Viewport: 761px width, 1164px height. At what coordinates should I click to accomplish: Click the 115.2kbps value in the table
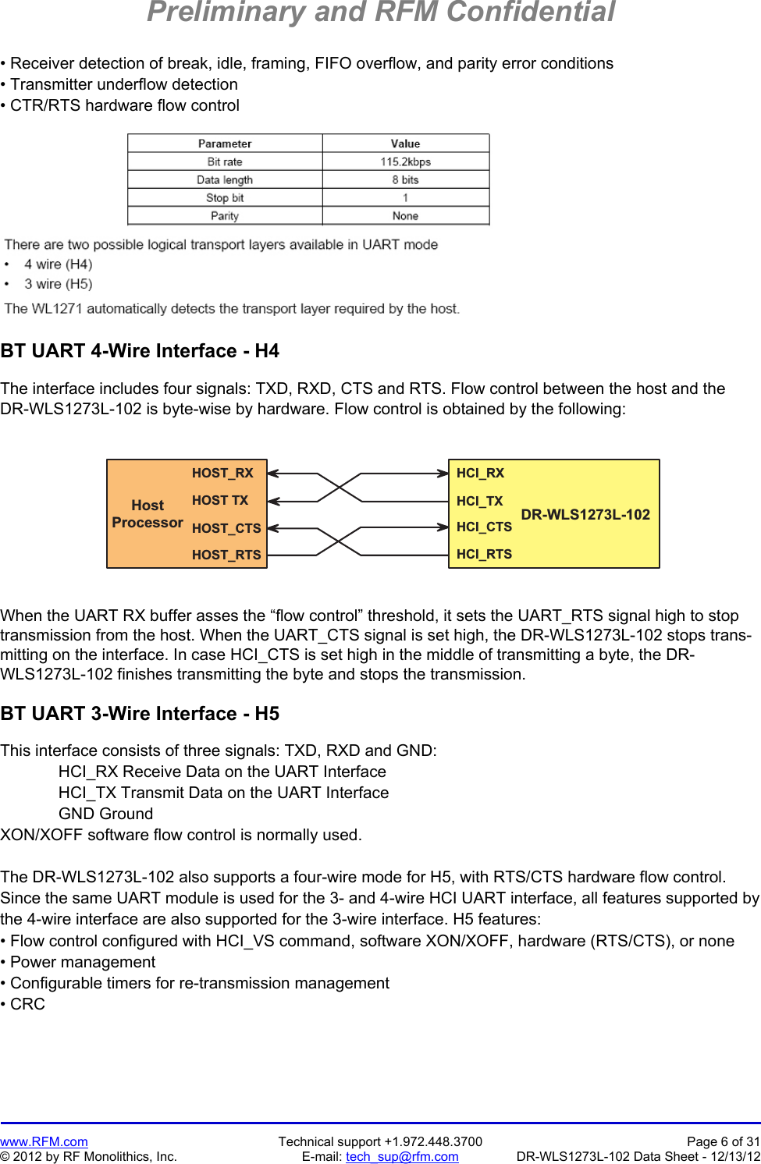[x=405, y=161]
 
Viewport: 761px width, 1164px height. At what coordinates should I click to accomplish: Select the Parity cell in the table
[x=225, y=216]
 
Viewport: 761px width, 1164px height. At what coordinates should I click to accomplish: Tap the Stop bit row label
[x=225, y=198]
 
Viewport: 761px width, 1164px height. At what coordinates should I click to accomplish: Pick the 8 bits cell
[x=405, y=179]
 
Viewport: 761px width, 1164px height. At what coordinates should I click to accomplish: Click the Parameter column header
[x=225, y=144]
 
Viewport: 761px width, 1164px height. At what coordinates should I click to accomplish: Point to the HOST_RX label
[x=222, y=473]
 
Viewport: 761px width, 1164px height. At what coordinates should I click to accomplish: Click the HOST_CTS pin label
[x=226, y=528]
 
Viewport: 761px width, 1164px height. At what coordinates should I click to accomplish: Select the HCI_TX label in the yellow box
[x=479, y=501]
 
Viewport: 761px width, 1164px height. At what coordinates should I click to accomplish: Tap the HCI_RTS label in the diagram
[x=484, y=554]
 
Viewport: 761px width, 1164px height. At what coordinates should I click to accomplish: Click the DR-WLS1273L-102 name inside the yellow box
[x=585, y=514]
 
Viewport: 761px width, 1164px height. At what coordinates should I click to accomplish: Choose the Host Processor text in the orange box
[x=148, y=514]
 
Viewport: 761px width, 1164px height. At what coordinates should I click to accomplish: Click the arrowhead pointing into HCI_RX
[x=443, y=474]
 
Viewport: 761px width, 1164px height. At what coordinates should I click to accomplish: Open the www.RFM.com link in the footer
[x=44, y=1141]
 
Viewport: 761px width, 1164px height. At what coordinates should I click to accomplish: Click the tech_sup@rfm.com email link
[x=402, y=1156]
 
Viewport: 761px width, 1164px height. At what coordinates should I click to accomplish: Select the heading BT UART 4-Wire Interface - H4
[x=140, y=351]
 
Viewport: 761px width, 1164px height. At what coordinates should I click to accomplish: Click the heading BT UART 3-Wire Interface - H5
[x=140, y=714]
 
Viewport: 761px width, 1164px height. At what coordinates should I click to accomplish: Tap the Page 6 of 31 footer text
[x=723, y=1141]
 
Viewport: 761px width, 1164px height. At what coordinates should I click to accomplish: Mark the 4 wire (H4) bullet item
[x=58, y=264]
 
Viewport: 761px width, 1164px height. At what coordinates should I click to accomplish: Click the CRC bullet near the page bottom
[x=27, y=1004]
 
